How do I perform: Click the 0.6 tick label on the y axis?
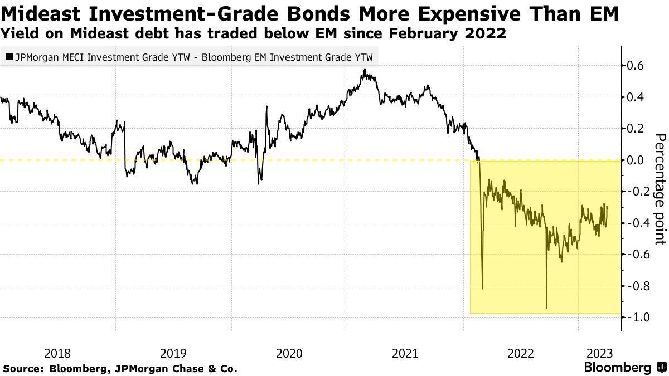point(637,66)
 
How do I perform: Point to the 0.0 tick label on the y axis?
point(637,160)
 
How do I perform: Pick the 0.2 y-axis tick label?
point(637,129)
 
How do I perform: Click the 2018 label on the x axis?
point(57,353)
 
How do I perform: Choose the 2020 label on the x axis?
point(289,353)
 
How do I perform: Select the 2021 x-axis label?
point(405,353)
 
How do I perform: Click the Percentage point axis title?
point(660,189)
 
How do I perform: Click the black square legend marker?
point(9,57)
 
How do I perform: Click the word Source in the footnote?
point(22,369)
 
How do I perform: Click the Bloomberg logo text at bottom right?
point(617,368)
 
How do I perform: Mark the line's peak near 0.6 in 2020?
point(364,70)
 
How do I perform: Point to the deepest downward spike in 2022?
point(546,307)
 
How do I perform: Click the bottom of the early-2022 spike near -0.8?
point(482,288)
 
